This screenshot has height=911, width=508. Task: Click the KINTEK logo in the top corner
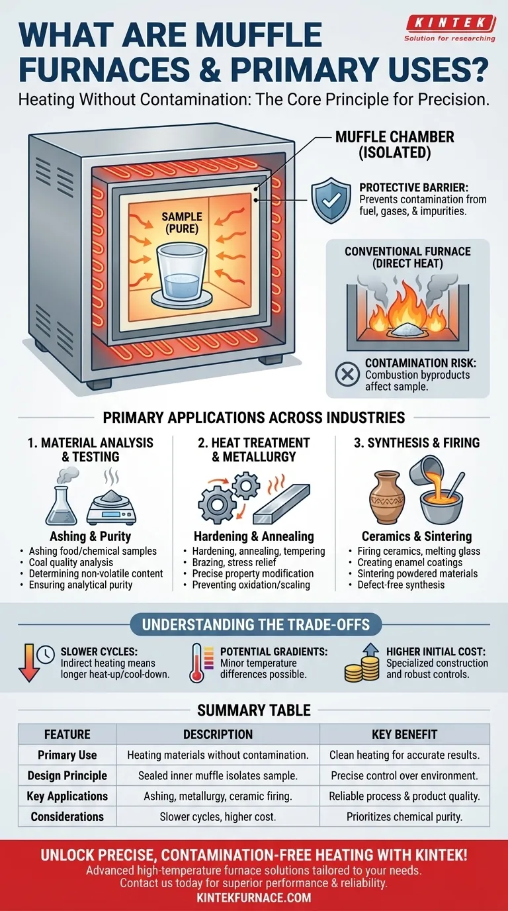(x=450, y=28)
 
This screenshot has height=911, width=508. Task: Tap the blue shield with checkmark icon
(x=331, y=200)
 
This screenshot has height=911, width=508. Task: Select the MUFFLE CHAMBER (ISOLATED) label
(x=395, y=144)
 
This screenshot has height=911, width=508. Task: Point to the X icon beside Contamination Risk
(x=347, y=374)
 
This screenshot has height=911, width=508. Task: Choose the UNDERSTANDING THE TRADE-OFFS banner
(x=255, y=624)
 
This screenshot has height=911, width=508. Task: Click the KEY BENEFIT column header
(x=404, y=734)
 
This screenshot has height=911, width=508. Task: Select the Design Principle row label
(x=67, y=775)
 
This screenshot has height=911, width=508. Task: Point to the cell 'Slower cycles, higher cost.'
(x=218, y=816)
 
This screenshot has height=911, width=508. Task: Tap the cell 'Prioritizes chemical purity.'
(x=404, y=816)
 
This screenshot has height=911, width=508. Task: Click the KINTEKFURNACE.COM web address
(x=254, y=897)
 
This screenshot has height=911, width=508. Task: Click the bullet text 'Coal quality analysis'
(x=71, y=562)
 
